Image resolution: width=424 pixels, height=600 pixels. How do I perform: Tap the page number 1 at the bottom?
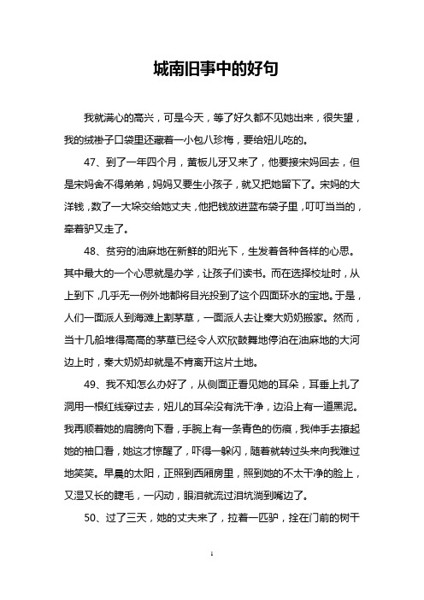click(212, 579)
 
